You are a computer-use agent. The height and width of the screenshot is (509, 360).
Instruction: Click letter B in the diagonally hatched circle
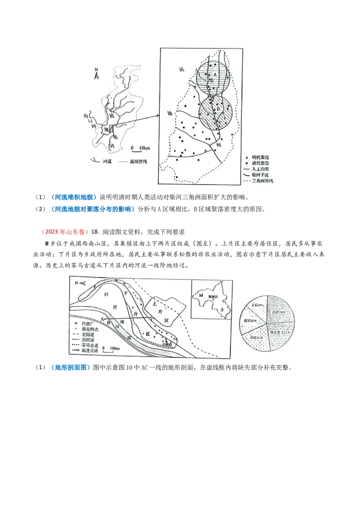(x=219, y=109)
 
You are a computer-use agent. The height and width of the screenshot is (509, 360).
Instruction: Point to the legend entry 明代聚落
(x=261, y=156)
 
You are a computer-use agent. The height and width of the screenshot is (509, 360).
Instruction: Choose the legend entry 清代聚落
(x=261, y=162)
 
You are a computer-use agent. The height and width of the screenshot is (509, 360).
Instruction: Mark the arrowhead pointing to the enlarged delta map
(x=158, y=115)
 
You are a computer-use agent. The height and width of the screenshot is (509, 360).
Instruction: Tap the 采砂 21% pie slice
(x=256, y=336)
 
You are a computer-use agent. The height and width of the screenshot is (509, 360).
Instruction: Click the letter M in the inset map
(x=201, y=295)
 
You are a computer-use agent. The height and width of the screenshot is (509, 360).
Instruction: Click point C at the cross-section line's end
(x=152, y=319)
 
